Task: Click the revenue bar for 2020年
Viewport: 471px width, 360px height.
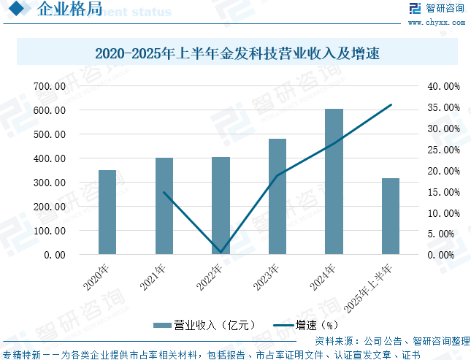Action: (x=107, y=212)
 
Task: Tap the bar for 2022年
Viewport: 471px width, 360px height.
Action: (x=221, y=206)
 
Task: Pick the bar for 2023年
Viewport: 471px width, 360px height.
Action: (x=277, y=196)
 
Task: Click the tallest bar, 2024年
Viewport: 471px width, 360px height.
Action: (x=334, y=182)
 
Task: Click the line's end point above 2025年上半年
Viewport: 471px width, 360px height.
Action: (x=391, y=104)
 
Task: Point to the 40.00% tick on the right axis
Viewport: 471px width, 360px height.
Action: (x=444, y=86)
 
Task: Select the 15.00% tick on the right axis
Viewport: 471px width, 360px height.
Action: (x=444, y=192)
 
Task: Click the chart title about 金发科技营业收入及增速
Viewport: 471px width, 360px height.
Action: (x=236, y=53)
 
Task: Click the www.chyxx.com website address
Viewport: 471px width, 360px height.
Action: (x=437, y=23)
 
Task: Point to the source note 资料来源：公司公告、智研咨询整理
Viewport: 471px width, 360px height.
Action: (x=391, y=341)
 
